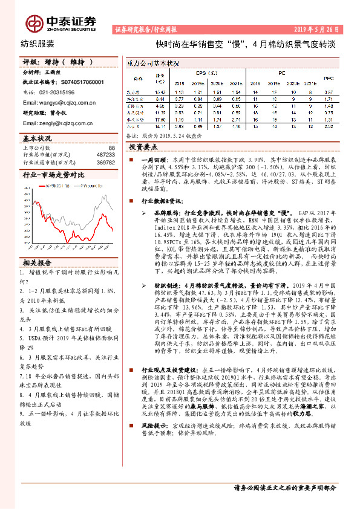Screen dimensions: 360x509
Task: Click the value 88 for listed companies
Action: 111,148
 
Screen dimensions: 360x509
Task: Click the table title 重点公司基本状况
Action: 153,63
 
